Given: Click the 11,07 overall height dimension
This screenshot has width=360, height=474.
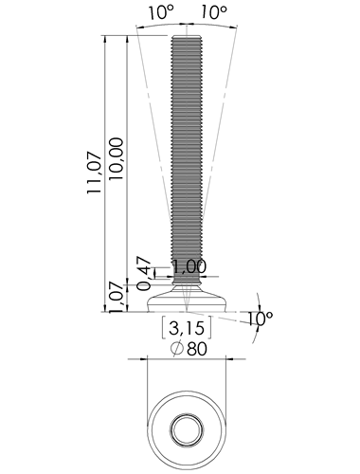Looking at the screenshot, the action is [95, 173].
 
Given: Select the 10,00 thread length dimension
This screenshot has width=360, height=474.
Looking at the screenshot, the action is [116, 159].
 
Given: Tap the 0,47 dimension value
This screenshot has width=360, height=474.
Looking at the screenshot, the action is [144, 274].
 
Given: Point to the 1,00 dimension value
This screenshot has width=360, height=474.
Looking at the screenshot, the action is [189, 266].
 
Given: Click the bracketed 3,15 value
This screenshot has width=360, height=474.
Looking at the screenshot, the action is [187, 328].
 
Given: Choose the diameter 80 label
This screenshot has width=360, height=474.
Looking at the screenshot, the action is [197, 349].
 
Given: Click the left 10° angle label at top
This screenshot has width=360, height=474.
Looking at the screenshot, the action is [161, 12].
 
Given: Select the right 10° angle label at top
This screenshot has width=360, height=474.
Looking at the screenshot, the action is [214, 12].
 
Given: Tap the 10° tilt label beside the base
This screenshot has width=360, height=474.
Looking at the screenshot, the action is [260, 319].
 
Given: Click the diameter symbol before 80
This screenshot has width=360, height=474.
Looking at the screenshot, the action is [177, 349].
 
